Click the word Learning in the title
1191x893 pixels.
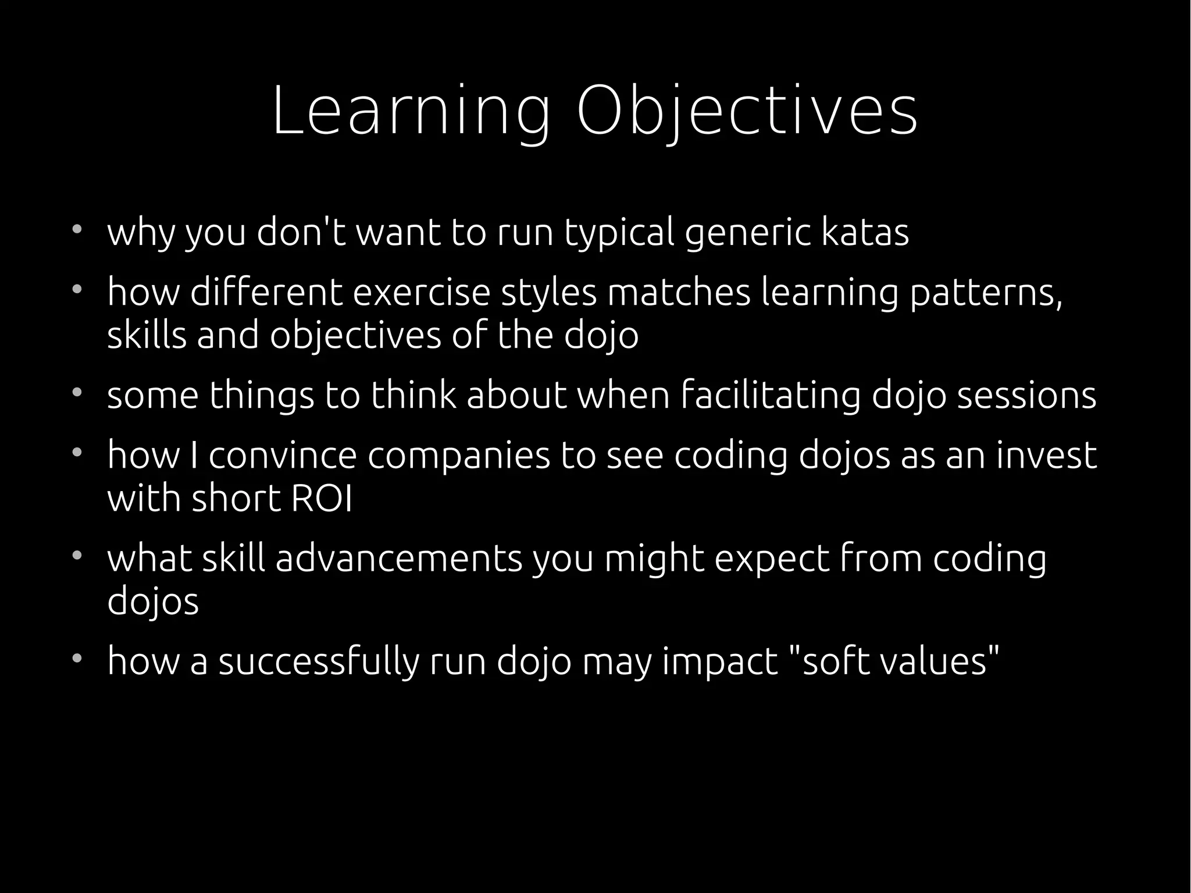pos(411,111)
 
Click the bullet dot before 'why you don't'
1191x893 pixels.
pos(76,229)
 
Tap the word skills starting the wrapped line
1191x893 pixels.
pos(147,336)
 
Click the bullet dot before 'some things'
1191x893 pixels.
pos(76,392)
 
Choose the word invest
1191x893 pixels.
pos(1046,456)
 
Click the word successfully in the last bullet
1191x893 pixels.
pos(319,662)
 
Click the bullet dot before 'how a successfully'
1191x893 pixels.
pos(76,658)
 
